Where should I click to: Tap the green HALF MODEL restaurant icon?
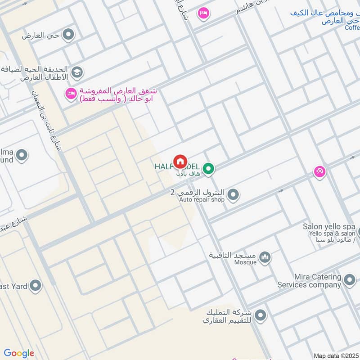(x=208, y=169)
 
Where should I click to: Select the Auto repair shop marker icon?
(x=233, y=195)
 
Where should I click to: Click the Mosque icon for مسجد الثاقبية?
(x=265, y=257)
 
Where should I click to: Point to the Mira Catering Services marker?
(x=349, y=281)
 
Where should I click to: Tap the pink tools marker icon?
(x=319, y=171)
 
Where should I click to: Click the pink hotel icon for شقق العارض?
(x=71, y=94)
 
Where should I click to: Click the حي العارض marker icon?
(x=68, y=35)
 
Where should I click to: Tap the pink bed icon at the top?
(x=203, y=13)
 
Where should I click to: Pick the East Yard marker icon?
(x=35, y=285)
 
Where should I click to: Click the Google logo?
(x=19, y=353)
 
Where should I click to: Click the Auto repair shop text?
(x=202, y=199)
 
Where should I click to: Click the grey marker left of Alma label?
(x=21, y=156)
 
